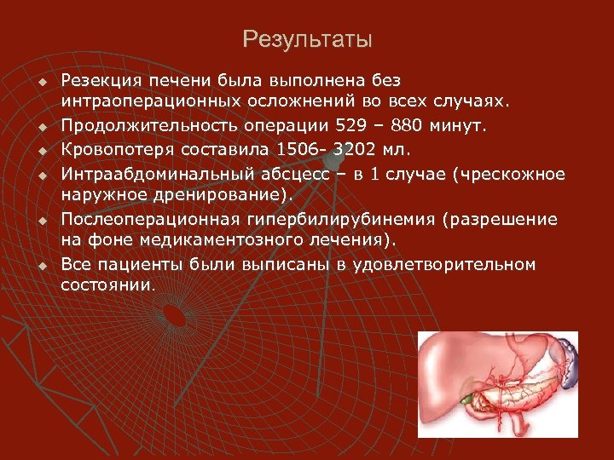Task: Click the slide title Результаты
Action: click(x=307, y=40)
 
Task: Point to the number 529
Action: click(x=344, y=126)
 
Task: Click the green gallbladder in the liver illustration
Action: click(x=464, y=395)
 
